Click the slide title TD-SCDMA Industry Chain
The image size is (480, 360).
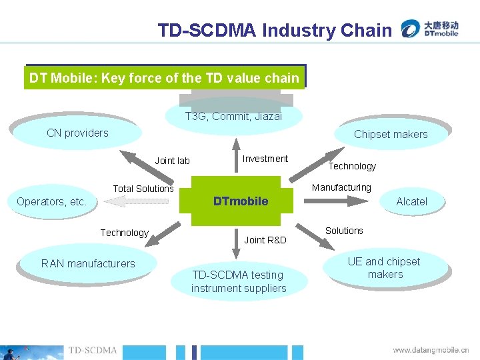click(275, 30)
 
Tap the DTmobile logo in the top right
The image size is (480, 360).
click(429, 29)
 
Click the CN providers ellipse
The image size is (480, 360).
click(77, 133)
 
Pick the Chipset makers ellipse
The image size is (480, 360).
click(391, 134)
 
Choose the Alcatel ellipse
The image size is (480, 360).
click(411, 201)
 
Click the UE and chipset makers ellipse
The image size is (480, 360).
click(385, 268)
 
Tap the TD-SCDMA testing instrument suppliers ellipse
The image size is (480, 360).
click(239, 281)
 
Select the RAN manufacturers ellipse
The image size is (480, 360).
click(88, 263)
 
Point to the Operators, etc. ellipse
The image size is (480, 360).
click(52, 201)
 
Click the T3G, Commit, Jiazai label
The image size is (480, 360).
click(233, 116)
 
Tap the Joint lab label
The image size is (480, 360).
click(172, 161)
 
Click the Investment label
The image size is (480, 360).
click(265, 159)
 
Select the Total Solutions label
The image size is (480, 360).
click(143, 189)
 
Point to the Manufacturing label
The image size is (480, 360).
click(341, 187)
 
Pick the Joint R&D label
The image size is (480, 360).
click(265, 240)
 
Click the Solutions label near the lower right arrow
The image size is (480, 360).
click(344, 231)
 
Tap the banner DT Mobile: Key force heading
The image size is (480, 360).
click(164, 78)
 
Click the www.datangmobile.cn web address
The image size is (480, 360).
click(431, 349)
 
